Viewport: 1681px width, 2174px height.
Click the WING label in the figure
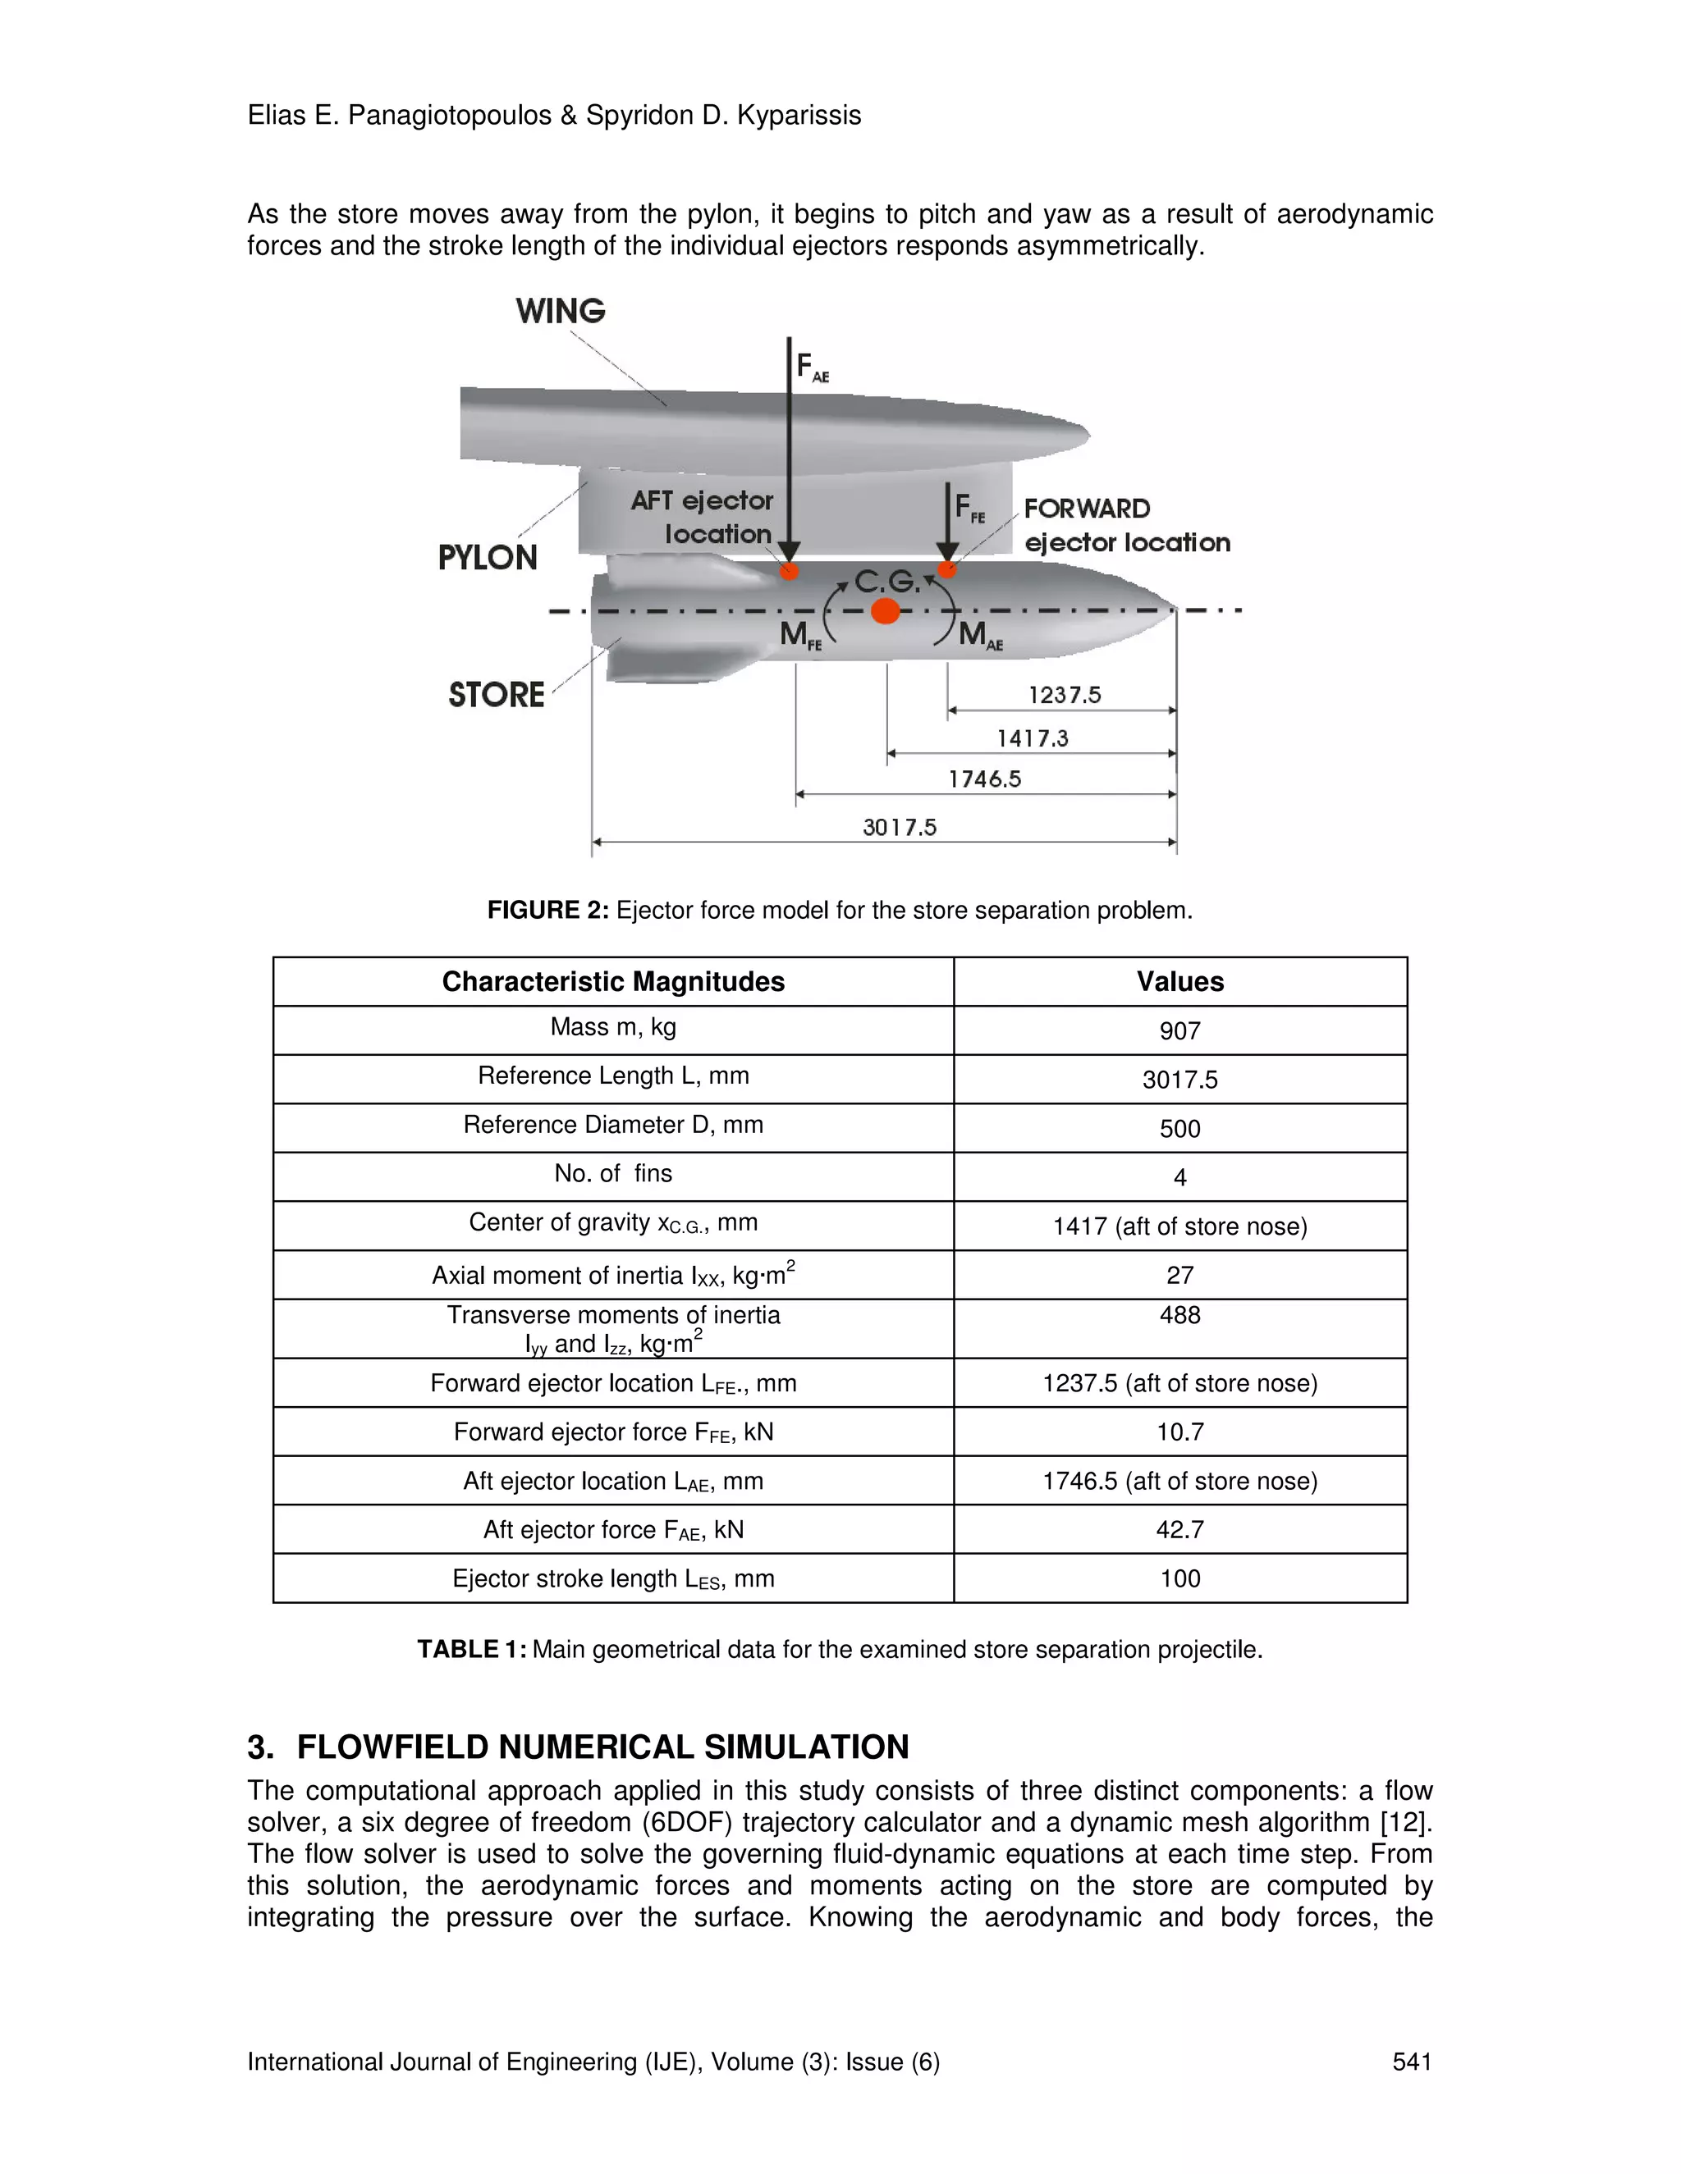point(560,311)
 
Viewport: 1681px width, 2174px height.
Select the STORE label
point(496,695)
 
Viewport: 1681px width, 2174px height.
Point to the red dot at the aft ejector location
point(789,570)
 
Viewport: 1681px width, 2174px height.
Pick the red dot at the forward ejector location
point(947,569)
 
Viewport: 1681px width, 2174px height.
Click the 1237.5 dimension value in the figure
point(1065,695)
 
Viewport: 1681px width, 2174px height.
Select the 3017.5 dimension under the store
point(900,827)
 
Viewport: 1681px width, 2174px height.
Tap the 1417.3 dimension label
point(1032,738)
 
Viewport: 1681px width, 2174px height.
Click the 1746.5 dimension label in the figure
point(984,779)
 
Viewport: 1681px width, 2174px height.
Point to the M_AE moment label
point(980,634)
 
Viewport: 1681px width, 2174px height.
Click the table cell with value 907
point(1179,1031)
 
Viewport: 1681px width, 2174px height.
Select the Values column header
point(1179,981)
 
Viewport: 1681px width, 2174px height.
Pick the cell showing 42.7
point(1179,1529)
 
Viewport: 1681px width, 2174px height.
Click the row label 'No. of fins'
point(612,1174)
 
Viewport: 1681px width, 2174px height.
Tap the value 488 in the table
point(1179,1315)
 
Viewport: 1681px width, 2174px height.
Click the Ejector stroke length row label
point(612,1578)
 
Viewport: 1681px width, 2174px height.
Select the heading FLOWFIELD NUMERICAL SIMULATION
point(602,1747)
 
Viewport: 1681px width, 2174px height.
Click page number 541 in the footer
point(1411,2062)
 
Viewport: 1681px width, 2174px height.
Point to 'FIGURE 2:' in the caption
point(547,910)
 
